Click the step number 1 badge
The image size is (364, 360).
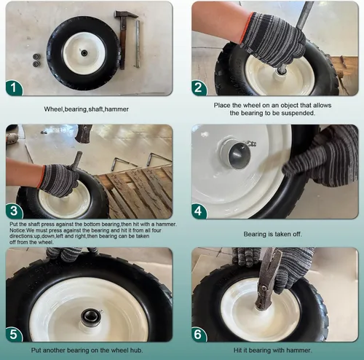pyautogui.click(x=14, y=87)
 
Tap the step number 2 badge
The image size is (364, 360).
pyautogui.click(x=199, y=87)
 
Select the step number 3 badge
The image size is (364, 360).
pyautogui.click(x=14, y=211)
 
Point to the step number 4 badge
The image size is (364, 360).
pyautogui.click(x=199, y=211)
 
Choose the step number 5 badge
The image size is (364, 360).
pyautogui.click(x=14, y=334)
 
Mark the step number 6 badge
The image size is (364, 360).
pyautogui.click(x=199, y=334)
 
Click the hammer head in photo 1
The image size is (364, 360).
pyautogui.click(x=126, y=15)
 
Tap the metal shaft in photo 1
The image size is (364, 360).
pyautogui.click(x=138, y=44)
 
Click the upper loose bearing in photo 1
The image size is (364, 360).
pyautogui.click(x=36, y=57)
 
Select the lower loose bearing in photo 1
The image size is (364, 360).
pyautogui.click(x=36, y=64)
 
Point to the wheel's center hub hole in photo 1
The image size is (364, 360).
pyautogui.click(x=84, y=52)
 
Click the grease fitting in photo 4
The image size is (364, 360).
pyautogui.click(x=251, y=144)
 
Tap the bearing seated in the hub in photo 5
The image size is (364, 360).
pyautogui.click(x=90, y=317)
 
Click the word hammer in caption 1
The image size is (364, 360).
pyautogui.click(x=116, y=109)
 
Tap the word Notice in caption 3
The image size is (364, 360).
pyautogui.click(x=17, y=230)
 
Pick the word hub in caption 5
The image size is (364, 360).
pyautogui.click(x=137, y=351)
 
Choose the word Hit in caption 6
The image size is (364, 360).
pyautogui.click(x=237, y=351)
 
